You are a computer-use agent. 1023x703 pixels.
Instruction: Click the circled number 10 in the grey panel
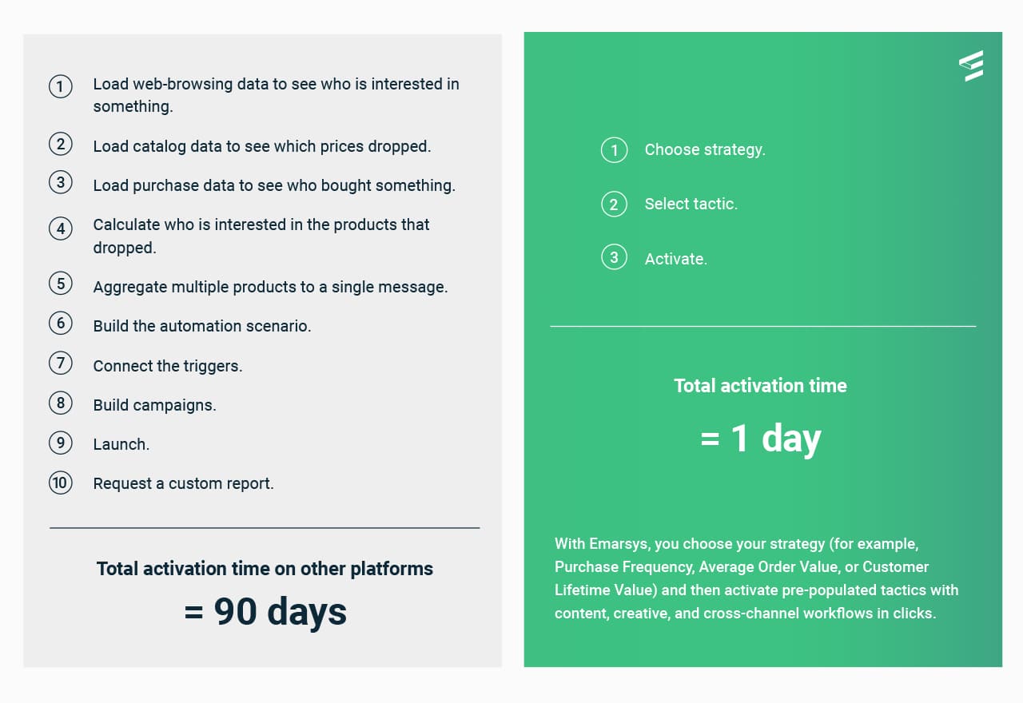pyautogui.click(x=60, y=483)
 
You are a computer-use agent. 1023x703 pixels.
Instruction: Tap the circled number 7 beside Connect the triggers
pyautogui.click(x=60, y=363)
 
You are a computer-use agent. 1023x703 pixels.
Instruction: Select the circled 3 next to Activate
pyautogui.click(x=614, y=257)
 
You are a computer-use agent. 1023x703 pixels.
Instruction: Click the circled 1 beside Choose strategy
pyautogui.click(x=614, y=150)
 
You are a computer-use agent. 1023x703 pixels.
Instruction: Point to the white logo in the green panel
pyautogui.click(x=971, y=66)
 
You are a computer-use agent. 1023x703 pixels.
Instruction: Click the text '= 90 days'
pyautogui.click(x=265, y=611)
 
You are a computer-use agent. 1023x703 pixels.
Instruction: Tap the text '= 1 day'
pyautogui.click(x=760, y=439)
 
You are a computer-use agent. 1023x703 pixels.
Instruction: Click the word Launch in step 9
pyautogui.click(x=120, y=444)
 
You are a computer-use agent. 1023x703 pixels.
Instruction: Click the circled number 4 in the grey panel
pyautogui.click(x=60, y=228)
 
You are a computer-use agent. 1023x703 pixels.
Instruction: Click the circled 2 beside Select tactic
pyautogui.click(x=614, y=204)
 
